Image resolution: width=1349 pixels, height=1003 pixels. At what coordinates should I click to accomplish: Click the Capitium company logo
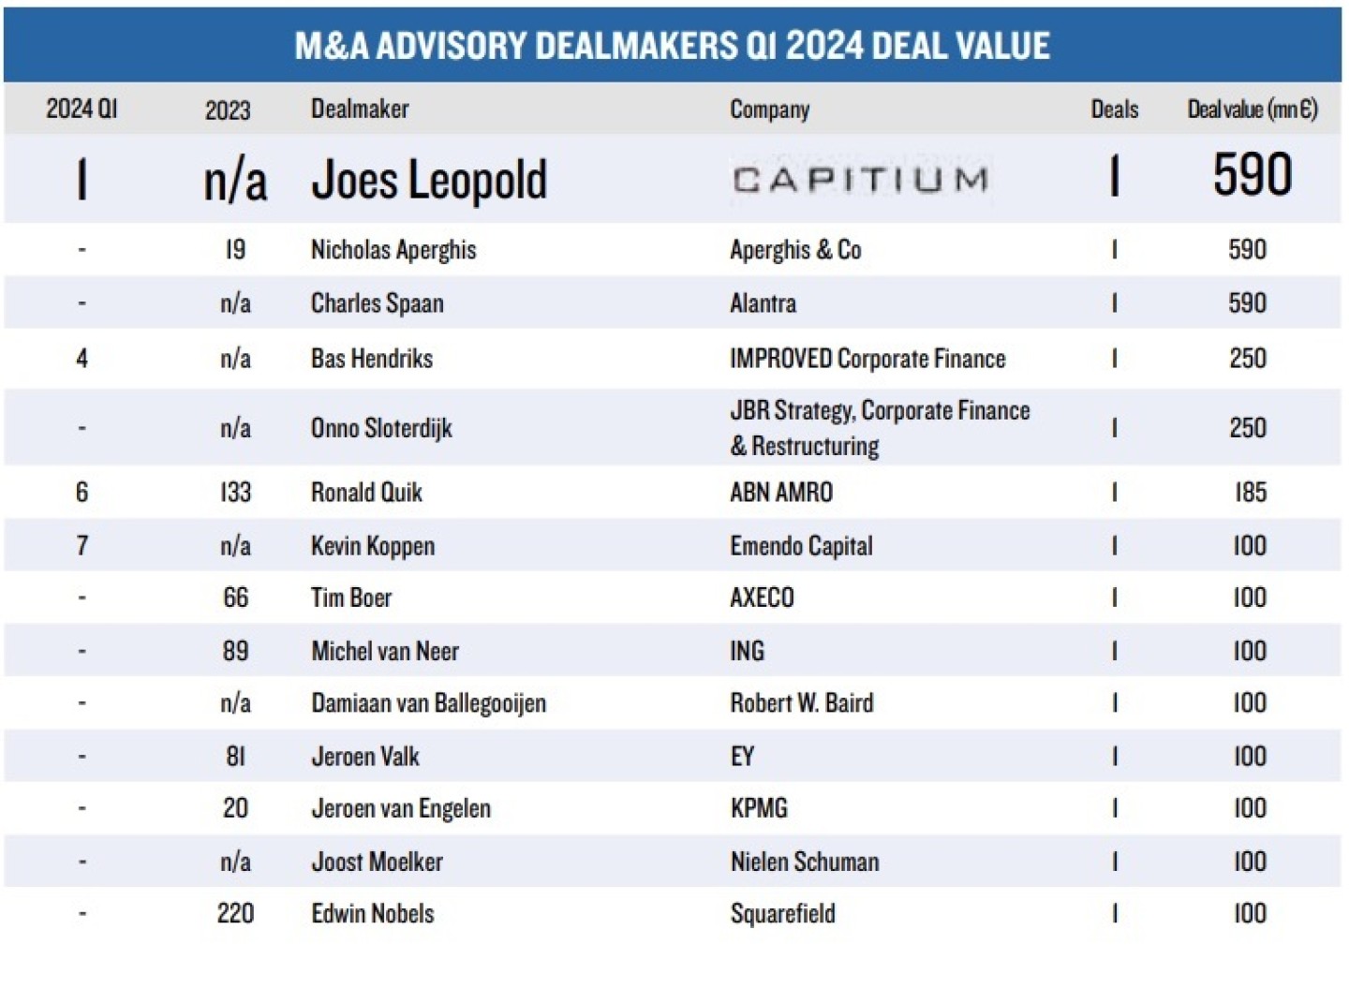[x=860, y=178]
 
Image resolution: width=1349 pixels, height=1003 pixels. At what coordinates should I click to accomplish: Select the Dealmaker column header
[x=360, y=109]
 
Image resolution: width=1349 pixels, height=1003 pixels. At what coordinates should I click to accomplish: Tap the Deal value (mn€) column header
[x=1252, y=109]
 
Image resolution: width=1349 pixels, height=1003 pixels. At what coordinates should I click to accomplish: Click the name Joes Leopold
[x=428, y=179]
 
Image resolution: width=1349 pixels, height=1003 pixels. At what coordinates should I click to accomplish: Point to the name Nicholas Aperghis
[x=393, y=250]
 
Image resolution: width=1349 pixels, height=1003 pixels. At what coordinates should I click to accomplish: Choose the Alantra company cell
[x=763, y=303]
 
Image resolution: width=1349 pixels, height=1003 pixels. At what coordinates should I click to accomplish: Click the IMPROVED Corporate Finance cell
[x=867, y=359]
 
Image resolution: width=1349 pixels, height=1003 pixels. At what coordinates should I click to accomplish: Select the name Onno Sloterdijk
[x=381, y=428]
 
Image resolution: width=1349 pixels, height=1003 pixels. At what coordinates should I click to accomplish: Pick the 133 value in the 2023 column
[x=235, y=493]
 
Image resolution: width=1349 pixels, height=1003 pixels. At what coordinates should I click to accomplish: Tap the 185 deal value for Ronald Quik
[x=1250, y=493]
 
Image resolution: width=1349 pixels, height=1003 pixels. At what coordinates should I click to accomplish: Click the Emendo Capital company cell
[x=801, y=546]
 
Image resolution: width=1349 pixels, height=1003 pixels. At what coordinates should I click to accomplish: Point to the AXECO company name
[x=762, y=597]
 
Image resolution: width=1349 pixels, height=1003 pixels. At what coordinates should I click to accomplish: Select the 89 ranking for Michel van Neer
[x=235, y=651]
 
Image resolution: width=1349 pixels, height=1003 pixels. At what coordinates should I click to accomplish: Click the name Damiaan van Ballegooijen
[x=428, y=703]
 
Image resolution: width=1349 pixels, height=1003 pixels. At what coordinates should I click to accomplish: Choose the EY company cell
[x=742, y=757]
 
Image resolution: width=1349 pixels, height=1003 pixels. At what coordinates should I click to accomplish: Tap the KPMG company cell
[x=759, y=808]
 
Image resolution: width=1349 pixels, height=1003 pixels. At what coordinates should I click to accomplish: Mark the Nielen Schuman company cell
[x=804, y=862]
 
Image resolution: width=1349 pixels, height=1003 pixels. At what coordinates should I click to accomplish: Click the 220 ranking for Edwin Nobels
[x=235, y=913]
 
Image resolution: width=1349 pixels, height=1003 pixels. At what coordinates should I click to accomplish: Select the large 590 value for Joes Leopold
[x=1252, y=175]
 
